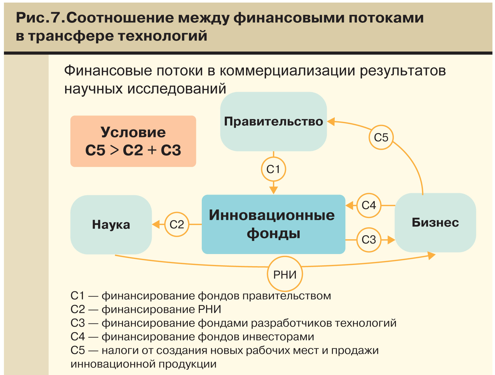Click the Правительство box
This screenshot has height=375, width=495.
pos(273,122)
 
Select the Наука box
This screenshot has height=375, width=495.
pos(111,225)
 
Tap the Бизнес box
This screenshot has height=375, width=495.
pos(435,223)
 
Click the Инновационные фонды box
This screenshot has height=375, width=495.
pos(273,224)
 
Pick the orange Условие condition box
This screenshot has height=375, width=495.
pos(133,141)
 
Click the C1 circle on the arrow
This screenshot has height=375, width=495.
pos(273,169)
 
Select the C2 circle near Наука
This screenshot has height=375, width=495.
pos(177,225)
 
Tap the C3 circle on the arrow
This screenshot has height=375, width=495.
pos(369,240)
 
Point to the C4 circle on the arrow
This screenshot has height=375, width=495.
pos(369,206)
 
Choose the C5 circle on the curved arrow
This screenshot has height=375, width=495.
pos(381,137)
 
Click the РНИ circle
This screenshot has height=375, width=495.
pos(285,275)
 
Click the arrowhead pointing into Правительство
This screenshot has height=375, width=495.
pos(331,122)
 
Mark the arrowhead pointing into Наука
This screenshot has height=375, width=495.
pos(156,225)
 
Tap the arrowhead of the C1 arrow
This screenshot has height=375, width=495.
pos(273,190)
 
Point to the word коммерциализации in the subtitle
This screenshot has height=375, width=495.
pos(287,71)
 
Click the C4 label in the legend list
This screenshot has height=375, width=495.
pos(78,336)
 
